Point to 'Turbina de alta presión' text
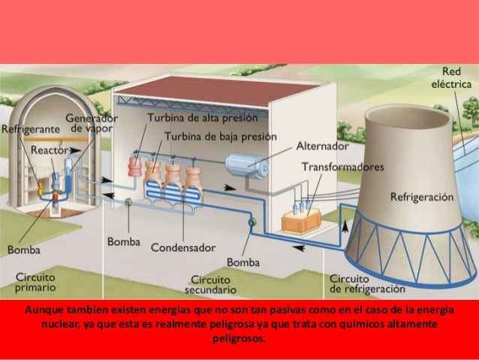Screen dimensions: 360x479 pos(202,118)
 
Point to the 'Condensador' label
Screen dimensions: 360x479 pos(183,247)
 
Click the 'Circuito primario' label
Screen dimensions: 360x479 pos(35,283)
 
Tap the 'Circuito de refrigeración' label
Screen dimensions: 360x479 pos(366,283)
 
